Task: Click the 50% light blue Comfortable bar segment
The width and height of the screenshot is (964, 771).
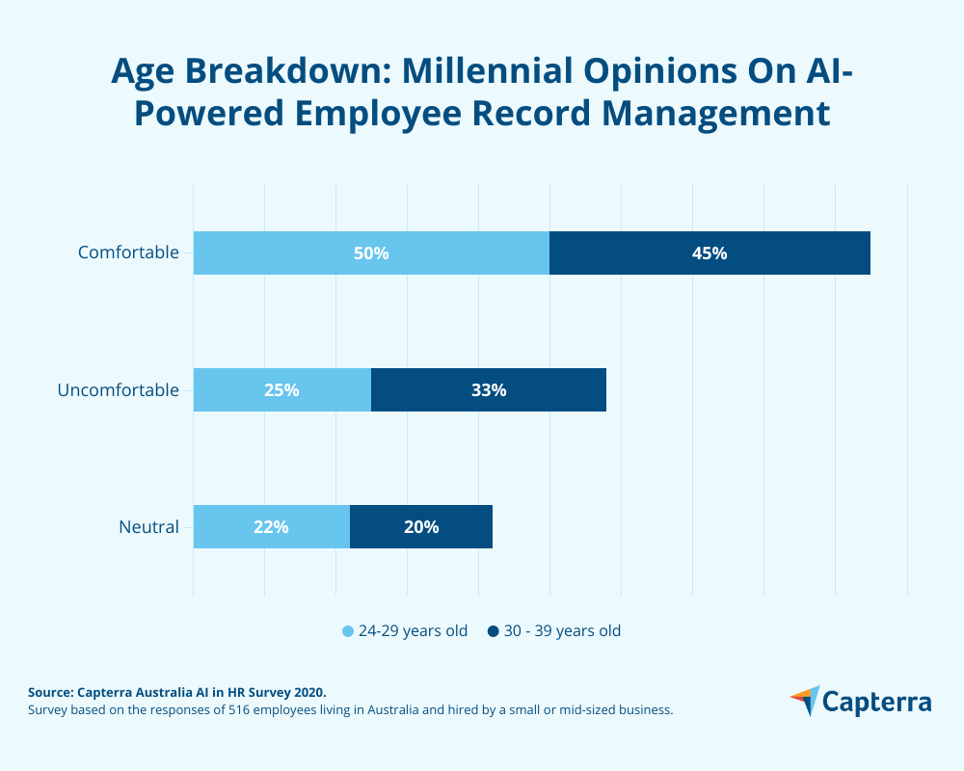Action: coord(371,253)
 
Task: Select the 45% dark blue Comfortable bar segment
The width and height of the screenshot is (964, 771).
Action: coord(710,253)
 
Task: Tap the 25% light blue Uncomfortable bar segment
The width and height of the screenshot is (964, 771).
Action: coord(281,390)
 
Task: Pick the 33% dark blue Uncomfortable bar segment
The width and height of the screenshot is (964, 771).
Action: coord(489,390)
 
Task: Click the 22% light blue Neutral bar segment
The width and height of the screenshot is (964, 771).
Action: coord(271,527)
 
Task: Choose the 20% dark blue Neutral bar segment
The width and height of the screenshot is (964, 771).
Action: coord(421,527)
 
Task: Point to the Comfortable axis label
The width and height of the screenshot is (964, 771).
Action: coord(128,253)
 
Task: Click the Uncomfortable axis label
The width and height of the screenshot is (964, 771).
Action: coord(118,390)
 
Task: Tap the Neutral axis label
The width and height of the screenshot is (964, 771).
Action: coord(148,527)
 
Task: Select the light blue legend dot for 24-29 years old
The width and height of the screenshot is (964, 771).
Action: coord(348,631)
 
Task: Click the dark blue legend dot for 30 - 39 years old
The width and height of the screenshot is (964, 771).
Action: coord(493,631)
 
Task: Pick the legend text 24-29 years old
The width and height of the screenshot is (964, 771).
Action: coord(413,631)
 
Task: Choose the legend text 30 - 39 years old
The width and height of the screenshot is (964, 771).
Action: coord(562,631)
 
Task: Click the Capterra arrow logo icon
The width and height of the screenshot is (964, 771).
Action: coord(805,701)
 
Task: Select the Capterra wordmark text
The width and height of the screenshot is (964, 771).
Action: coord(877,702)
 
